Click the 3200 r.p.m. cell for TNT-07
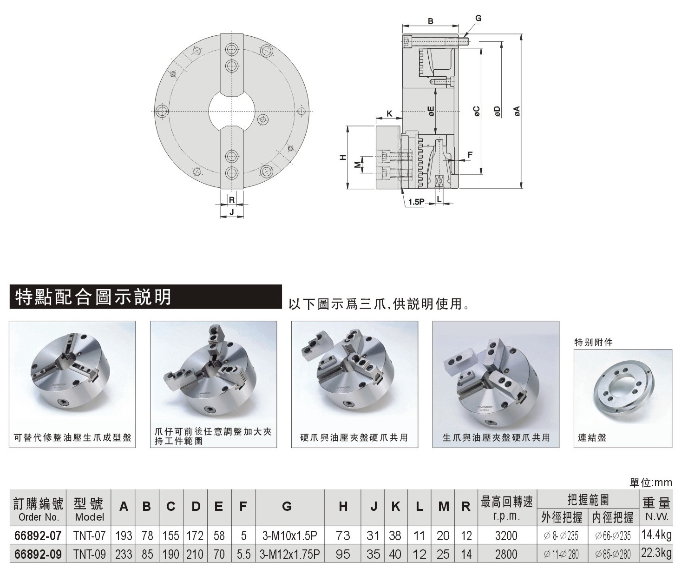pos(506,535)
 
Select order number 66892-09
pos(38,555)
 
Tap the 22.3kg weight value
pos(656,554)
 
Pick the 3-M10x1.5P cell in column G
pos(289,535)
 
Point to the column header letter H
pos(343,507)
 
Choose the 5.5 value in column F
pos(243,555)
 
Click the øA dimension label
pos(516,111)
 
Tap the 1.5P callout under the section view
pos(416,202)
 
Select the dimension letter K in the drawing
pos(389,114)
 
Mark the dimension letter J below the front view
pos(231,212)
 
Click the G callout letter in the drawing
pos(478,19)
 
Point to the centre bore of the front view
pos(231,111)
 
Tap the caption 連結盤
pos(592,437)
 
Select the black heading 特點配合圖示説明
pos(93,297)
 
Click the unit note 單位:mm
pos(650,483)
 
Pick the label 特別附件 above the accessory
pos(593,343)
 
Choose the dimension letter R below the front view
pos(231,200)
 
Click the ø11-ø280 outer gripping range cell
pos(561,555)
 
